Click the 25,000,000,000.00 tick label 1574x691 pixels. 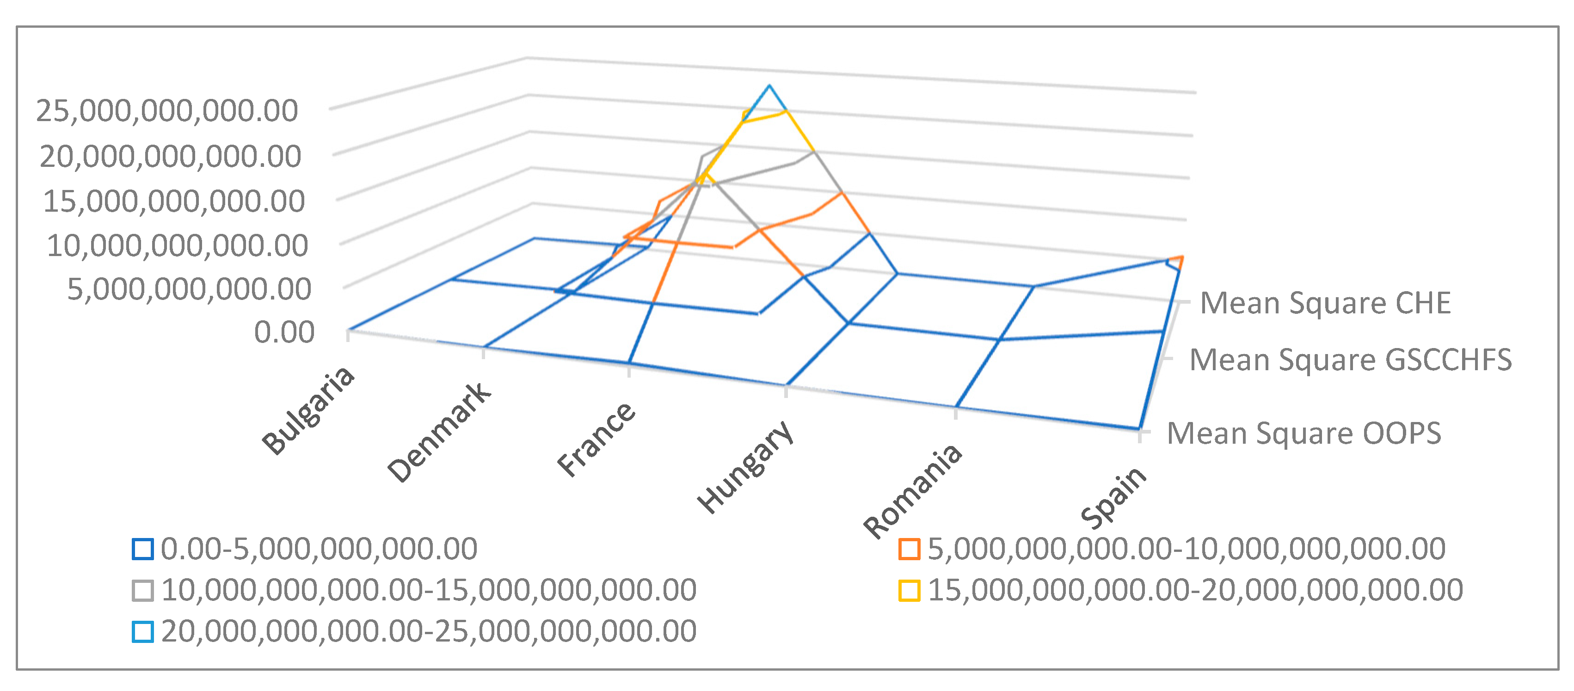click(167, 111)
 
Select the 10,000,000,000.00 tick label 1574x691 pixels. click(177, 245)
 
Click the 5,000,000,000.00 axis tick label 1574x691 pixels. click(189, 289)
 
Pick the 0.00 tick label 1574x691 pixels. click(284, 332)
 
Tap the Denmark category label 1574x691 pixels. click(439, 433)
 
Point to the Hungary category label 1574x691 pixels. click(746, 467)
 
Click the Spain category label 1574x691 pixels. click(1114, 497)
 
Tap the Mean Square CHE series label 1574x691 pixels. click(1325, 304)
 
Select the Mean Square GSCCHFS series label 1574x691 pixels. click(1350, 360)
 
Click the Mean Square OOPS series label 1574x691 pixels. click(1304, 434)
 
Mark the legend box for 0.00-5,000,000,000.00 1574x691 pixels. click(142, 549)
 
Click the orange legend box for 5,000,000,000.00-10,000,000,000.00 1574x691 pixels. click(909, 549)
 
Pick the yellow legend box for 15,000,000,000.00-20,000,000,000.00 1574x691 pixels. click(909, 590)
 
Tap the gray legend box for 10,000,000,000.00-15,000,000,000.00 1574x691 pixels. click(142, 590)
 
